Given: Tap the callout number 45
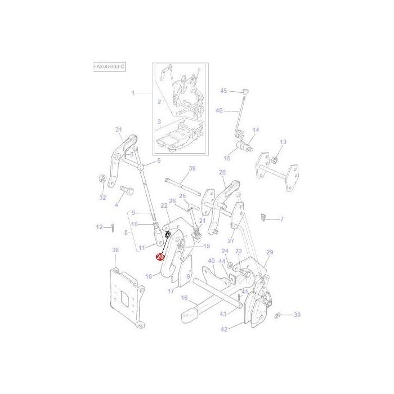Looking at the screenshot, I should (x=223, y=91).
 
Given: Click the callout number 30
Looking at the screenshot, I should (x=297, y=315).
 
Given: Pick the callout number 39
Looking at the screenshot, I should (x=191, y=168).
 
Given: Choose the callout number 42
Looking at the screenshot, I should (x=223, y=329).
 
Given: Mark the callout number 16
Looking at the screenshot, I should (x=183, y=298).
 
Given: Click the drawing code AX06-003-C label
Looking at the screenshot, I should (x=109, y=66).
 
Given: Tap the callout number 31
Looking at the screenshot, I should (x=119, y=130).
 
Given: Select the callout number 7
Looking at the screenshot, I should (x=281, y=218).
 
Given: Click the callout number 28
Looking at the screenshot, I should (x=222, y=172).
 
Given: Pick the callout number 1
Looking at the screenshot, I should (x=133, y=93).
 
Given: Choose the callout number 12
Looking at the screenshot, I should (x=99, y=227).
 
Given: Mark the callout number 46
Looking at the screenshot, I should (x=220, y=110).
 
